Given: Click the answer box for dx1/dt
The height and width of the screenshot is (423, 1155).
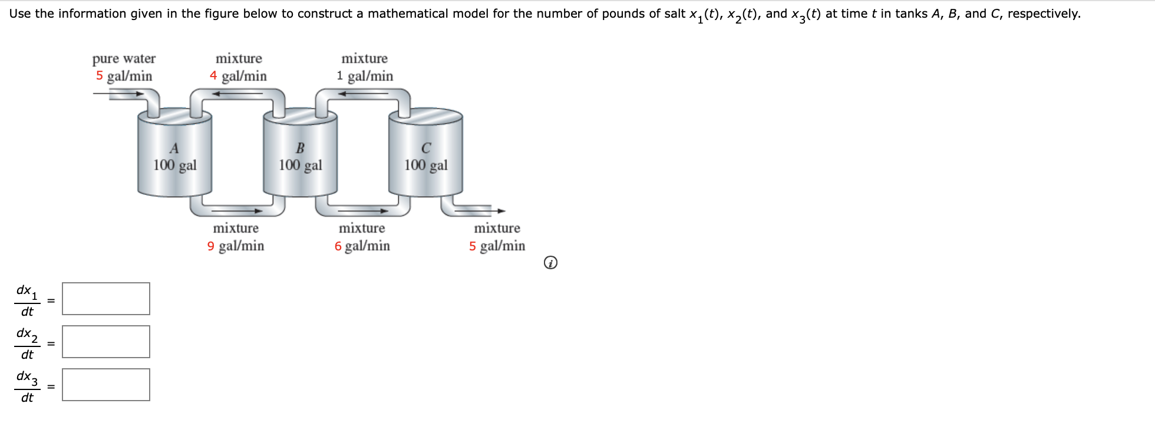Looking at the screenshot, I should pos(106,299).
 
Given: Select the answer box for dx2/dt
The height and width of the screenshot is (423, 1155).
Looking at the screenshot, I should pos(106,342).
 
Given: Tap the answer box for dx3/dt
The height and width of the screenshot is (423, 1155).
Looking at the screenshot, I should pos(106,385).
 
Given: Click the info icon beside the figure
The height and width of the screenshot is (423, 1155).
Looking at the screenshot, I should pos(550,263).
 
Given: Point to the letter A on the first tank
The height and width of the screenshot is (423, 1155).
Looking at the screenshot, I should pos(174,148).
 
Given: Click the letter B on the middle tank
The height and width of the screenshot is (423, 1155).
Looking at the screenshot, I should pos(300,148).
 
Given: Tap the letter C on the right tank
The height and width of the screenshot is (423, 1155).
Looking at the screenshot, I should pos(426,148).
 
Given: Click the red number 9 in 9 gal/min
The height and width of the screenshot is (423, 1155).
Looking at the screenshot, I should pos(211,246).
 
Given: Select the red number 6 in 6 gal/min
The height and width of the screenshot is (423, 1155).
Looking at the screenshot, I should pos(338,246).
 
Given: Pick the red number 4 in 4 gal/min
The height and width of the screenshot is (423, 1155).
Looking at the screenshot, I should pos(213,76).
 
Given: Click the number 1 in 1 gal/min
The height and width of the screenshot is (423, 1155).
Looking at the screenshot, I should pos(340,76).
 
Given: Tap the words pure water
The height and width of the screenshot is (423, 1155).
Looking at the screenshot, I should pos(124,58).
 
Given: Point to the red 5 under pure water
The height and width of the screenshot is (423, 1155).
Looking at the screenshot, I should pos(100,76).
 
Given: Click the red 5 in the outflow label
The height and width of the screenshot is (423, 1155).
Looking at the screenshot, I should pos(473,246).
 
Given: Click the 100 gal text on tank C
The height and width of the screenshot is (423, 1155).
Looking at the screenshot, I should pos(426,165).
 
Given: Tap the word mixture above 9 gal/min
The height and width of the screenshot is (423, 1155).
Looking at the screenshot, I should pos(236,228).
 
